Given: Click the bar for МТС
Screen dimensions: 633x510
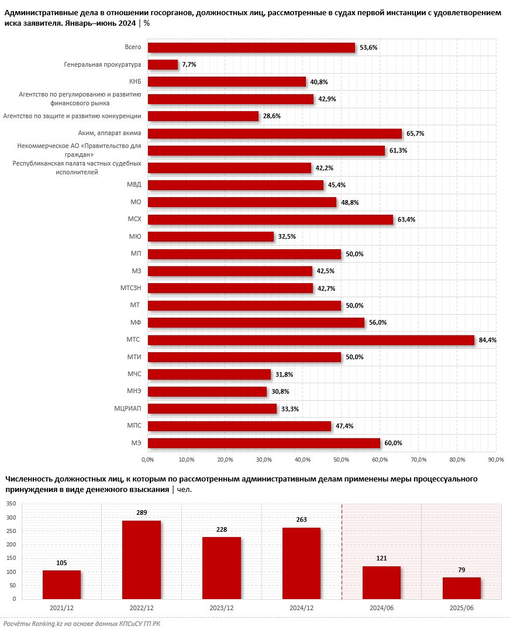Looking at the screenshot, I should coord(311,340).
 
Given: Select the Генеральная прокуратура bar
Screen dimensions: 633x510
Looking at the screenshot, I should coord(163,65).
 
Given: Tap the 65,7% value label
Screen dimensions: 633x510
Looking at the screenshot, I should coord(415,134).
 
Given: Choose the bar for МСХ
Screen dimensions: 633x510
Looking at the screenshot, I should coord(270,220).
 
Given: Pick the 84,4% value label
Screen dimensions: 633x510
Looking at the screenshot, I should coord(487,340).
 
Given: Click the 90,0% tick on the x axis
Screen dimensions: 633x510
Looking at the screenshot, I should coord(495,459).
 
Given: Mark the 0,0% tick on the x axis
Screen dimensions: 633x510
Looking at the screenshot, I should coord(147,459).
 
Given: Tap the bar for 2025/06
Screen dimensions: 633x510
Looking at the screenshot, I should coord(461,588).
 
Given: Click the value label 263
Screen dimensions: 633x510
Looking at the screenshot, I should coord(301,520).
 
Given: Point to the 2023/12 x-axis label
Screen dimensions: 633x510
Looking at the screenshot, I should coord(221,608).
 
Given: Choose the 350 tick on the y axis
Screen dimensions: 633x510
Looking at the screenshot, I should coord(11,504).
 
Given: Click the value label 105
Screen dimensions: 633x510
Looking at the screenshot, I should coord(61,563).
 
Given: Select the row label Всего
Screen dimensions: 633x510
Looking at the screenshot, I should coord(133,47).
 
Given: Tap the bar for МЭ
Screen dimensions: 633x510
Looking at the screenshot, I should coord(264,443).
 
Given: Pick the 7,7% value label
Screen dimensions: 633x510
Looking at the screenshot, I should coord(189,65).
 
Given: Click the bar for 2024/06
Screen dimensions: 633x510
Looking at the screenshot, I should coord(381,582).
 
